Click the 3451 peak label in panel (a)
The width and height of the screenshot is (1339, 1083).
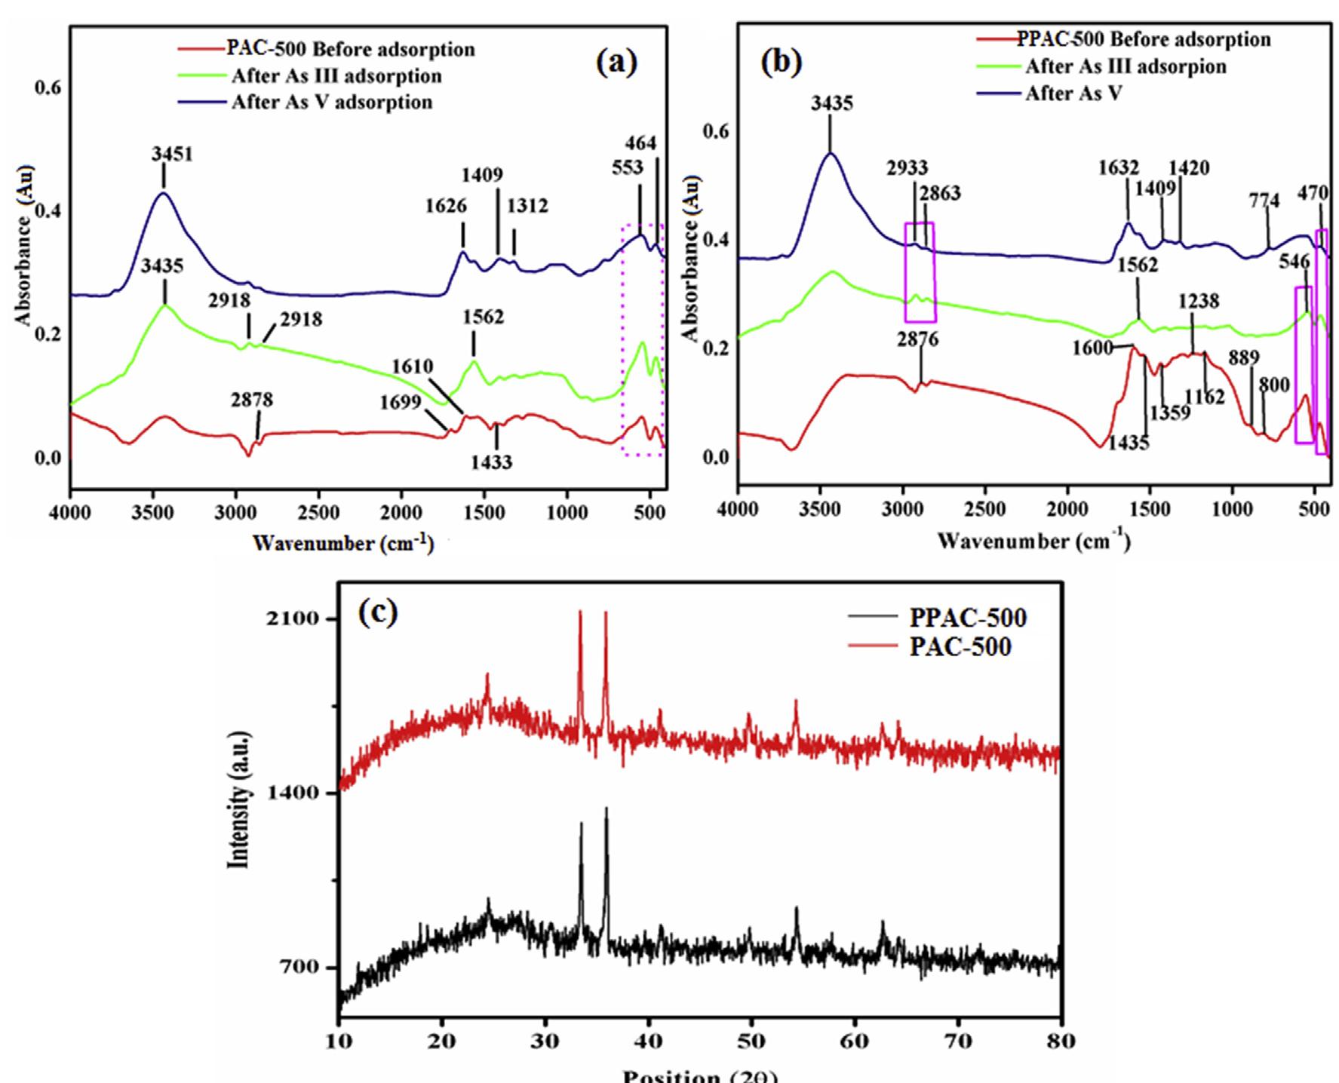point(172,155)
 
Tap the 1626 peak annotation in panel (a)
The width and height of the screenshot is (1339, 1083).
point(446,206)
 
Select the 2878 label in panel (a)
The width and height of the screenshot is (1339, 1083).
point(252,400)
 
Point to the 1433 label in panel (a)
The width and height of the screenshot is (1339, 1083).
point(491,462)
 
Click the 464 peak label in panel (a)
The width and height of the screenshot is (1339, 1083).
point(640,143)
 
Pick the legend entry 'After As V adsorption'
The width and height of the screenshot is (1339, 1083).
point(332,102)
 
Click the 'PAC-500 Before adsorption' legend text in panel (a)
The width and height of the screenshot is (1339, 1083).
point(351,50)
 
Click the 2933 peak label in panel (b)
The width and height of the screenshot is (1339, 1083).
point(907,167)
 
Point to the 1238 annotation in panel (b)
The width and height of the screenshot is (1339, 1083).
point(1199,302)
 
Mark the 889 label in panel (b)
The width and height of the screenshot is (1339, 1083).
point(1243,358)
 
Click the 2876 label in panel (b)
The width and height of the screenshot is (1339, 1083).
point(917,340)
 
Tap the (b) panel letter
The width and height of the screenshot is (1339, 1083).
point(781,62)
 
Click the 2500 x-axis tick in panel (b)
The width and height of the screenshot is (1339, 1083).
point(985,509)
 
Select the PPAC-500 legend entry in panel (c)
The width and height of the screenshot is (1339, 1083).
point(968,618)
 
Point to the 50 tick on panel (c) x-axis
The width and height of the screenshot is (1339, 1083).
point(751,1042)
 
